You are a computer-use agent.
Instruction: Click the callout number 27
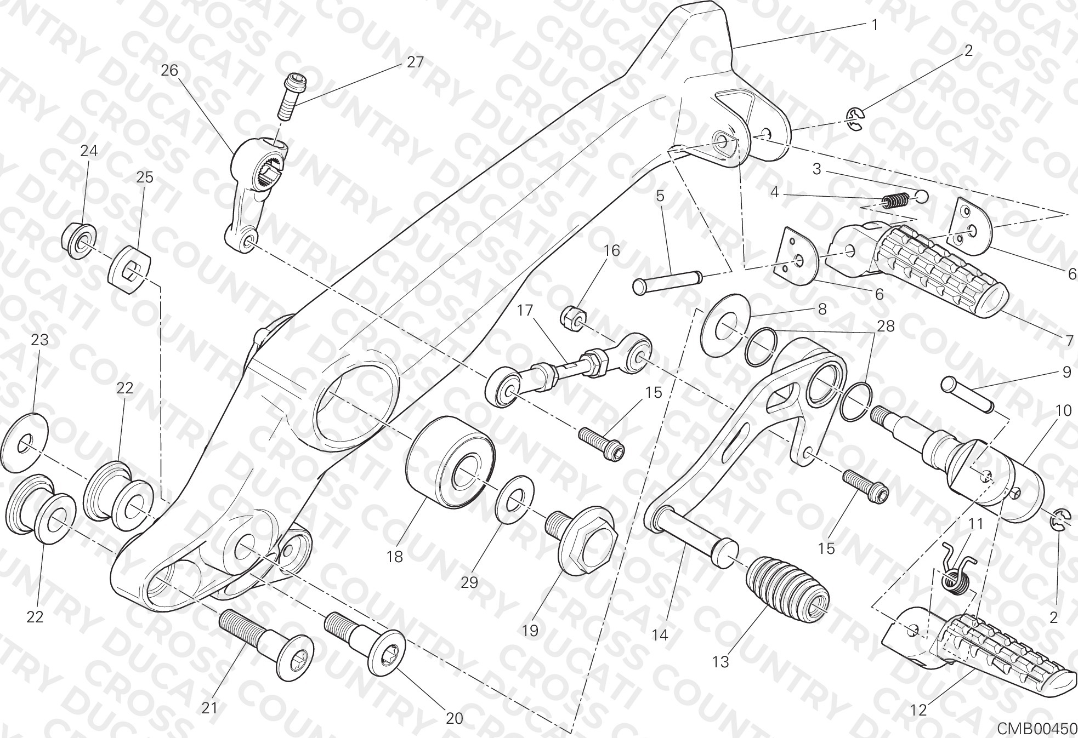point(415,62)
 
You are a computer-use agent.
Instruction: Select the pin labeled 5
point(667,280)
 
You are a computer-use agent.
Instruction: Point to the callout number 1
point(874,25)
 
